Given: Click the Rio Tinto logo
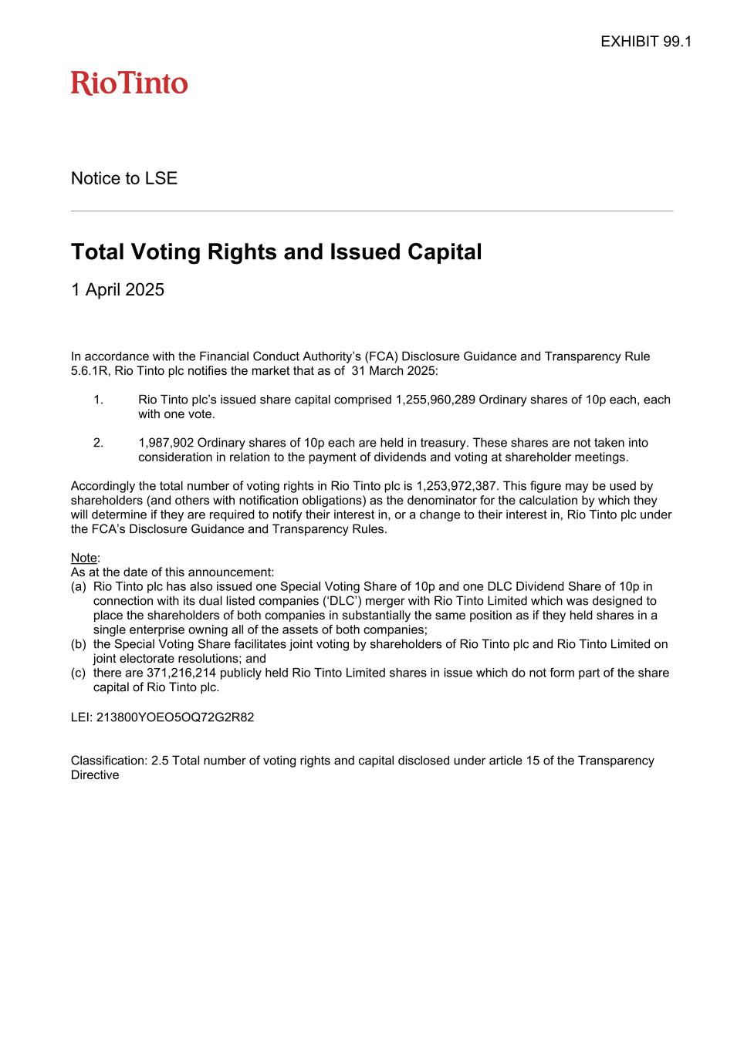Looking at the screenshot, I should tap(129, 83).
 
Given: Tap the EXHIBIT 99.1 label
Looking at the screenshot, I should tap(645, 42).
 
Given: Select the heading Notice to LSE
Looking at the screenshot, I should tap(124, 178).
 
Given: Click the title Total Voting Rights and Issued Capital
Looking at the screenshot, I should tap(276, 251).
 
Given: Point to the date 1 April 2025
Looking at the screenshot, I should tap(117, 290).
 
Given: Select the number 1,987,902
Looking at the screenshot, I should tap(166, 443).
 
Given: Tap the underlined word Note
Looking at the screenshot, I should tap(84, 558).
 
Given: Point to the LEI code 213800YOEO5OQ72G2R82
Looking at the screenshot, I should tap(175, 717).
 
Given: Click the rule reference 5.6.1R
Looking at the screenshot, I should tap(90, 371).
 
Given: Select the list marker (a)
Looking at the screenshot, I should tap(79, 587).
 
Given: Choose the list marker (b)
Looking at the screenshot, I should tap(79, 644).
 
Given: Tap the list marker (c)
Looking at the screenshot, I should tap(79, 673).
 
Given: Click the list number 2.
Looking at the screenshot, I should tap(98, 443).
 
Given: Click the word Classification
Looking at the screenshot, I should tap(109, 761).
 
